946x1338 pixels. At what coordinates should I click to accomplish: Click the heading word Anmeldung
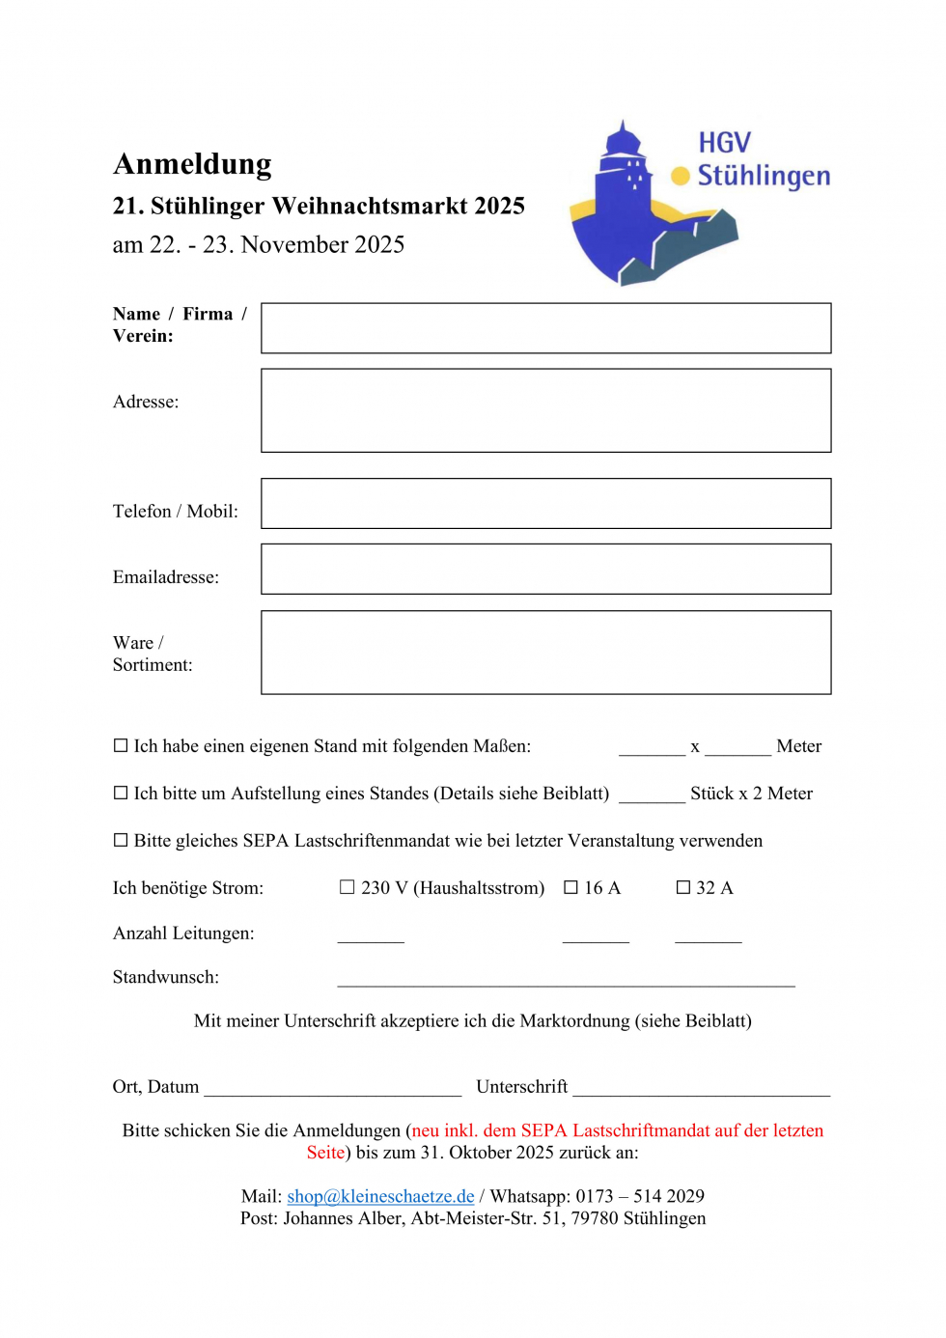(192, 164)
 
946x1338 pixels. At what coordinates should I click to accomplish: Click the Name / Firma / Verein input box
(545, 328)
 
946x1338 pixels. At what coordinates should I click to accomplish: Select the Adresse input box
(545, 410)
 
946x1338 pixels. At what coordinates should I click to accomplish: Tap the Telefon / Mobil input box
(545, 503)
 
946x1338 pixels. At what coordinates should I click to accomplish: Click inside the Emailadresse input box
(545, 569)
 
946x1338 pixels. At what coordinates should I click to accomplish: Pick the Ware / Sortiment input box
(545, 652)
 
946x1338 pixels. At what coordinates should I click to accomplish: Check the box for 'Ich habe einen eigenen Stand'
(121, 745)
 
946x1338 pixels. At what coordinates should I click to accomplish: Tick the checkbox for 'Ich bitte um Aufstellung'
(121, 793)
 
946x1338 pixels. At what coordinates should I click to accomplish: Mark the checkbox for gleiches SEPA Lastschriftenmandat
(121, 840)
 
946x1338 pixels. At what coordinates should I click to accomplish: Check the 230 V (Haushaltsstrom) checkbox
(348, 887)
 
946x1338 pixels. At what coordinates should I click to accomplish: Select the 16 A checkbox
(570, 887)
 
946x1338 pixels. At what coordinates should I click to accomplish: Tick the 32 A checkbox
(683, 887)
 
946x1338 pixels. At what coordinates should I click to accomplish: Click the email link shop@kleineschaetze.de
(380, 1196)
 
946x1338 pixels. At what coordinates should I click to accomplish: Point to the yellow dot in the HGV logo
(681, 176)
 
